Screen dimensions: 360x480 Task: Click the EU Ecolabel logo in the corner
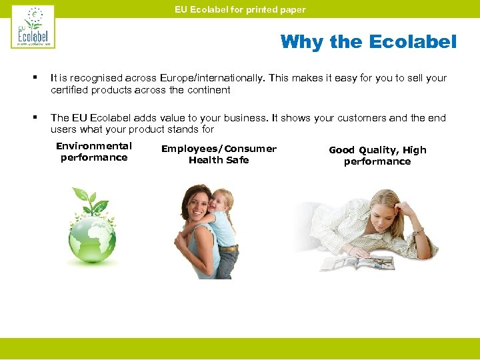(x=33, y=27)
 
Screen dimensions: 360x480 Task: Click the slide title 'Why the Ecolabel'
(x=368, y=42)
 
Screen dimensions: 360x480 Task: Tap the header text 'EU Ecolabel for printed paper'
(x=240, y=9)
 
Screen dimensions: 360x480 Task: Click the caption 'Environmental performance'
(x=94, y=152)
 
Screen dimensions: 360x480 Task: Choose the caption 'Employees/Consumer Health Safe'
(x=219, y=154)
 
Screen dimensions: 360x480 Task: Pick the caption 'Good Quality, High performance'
(x=377, y=155)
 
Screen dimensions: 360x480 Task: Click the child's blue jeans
(x=227, y=261)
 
